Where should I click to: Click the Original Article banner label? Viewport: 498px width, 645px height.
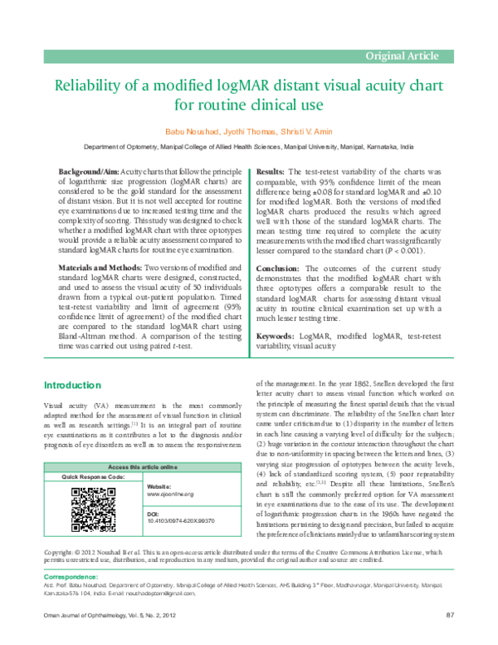point(403,57)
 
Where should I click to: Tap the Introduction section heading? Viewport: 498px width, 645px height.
point(76,385)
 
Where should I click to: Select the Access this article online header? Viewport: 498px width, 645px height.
point(140,469)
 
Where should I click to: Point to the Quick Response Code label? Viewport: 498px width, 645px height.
point(94,478)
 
